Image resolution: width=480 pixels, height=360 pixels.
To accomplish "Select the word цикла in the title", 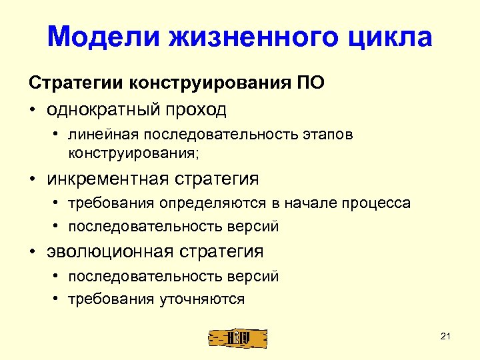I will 387,38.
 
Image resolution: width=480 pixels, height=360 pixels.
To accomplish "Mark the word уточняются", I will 203,299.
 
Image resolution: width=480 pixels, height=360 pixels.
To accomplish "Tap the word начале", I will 303,203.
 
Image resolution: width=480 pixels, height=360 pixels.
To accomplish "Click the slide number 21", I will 446,335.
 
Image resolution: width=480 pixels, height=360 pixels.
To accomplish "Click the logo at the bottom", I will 237,338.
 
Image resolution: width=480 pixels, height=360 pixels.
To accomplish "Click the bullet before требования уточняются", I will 58,299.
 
